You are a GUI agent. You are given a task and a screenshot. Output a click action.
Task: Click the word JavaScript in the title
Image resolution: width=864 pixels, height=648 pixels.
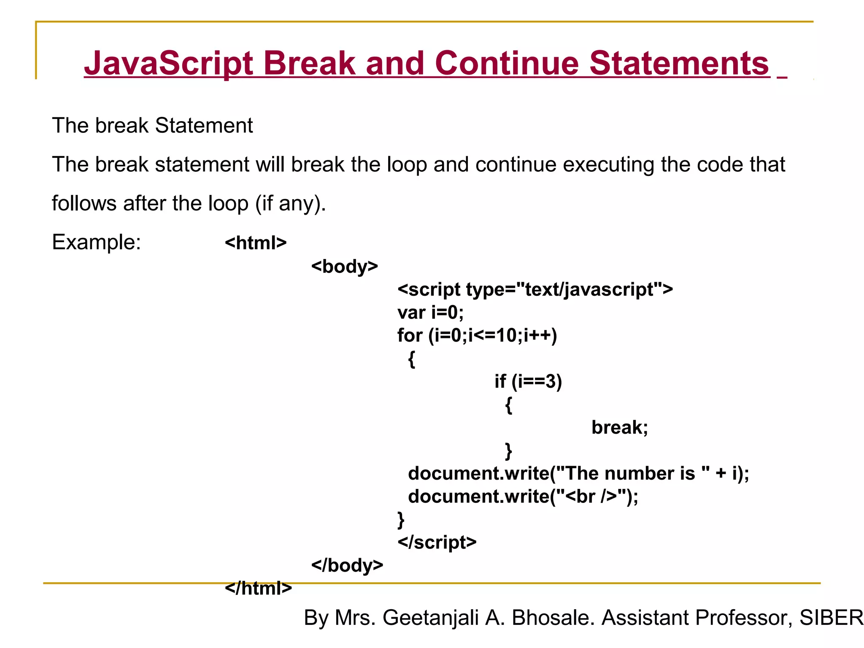[x=169, y=63]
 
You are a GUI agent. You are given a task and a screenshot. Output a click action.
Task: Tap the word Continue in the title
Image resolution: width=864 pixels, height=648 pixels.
[x=507, y=63]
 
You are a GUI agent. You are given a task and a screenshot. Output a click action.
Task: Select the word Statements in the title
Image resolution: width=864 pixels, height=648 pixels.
[x=679, y=63]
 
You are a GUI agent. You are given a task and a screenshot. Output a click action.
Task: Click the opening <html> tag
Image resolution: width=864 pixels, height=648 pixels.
[x=256, y=243]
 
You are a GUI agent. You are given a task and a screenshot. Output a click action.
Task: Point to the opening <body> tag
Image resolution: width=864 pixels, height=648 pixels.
[x=344, y=266]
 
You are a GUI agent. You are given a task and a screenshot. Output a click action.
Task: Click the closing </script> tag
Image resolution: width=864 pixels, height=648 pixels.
[x=437, y=542]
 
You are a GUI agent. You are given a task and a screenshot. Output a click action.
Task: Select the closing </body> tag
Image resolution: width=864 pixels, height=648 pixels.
[x=347, y=565]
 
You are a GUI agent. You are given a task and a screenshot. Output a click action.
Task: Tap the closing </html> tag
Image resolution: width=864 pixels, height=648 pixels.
[x=258, y=588]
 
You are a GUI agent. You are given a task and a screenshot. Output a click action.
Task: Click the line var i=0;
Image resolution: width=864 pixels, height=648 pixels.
[x=430, y=313]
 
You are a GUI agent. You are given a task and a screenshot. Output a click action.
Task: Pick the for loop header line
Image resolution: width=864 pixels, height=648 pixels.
[x=477, y=335]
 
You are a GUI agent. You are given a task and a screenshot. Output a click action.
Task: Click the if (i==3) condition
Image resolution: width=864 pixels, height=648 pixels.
[x=528, y=381]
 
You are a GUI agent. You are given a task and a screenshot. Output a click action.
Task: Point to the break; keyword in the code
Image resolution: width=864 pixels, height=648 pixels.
[x=619, y=427]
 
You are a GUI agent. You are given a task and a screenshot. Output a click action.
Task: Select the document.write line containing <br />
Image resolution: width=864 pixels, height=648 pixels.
[x=523, y=497]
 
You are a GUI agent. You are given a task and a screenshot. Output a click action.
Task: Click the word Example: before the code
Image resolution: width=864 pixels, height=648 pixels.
[x=96, y=243]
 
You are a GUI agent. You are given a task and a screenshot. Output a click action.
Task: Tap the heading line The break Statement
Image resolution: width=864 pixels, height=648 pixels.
[x=152, y=126]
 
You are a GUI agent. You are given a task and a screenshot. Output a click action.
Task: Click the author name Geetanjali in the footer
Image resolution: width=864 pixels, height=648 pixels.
[x=431, y=618]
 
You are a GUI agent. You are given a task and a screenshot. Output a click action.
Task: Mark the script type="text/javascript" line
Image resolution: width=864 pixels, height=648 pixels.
[x=535, y=290]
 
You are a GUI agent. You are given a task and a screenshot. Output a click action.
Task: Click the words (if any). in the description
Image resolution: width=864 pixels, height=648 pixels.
[x=291, y=203]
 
